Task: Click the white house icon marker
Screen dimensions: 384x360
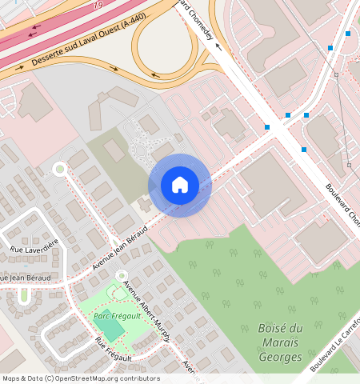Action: [180, 185]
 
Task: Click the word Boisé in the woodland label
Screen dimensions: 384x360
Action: [281, 329]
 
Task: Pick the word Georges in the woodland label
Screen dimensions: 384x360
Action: [281, 358]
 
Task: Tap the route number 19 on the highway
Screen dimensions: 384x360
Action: [98, 5]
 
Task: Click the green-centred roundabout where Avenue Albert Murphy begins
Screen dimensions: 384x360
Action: [121, 276]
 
